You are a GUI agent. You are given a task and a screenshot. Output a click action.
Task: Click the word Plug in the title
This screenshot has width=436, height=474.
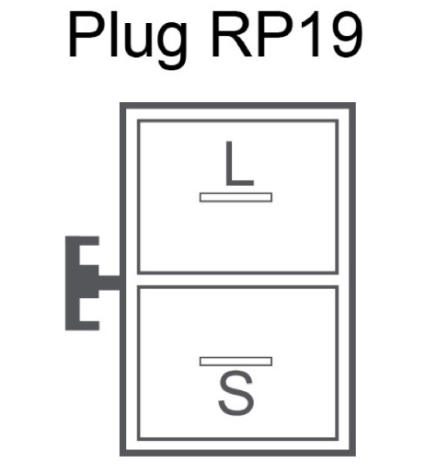128,40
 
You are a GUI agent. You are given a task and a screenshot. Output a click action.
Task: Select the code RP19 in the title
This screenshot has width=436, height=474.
287,35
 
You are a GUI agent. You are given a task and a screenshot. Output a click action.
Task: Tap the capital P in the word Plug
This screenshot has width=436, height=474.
86,35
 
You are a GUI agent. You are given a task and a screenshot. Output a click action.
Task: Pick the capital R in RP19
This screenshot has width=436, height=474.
232,35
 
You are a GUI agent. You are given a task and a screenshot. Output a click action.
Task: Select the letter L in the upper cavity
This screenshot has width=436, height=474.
239,164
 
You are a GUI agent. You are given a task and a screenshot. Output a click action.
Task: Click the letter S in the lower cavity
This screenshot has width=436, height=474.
236,393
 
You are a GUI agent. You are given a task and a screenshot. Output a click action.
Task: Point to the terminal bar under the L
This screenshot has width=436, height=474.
235,197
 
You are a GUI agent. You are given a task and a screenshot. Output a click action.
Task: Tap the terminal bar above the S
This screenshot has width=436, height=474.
235,362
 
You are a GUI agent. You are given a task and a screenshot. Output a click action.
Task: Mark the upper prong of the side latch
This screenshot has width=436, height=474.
89,241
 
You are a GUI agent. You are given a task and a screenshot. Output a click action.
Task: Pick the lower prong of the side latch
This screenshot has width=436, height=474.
89,326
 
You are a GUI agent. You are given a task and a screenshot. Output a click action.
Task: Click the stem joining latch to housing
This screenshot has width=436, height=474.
109,283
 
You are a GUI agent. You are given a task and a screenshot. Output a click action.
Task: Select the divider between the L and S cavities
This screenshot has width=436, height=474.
238,280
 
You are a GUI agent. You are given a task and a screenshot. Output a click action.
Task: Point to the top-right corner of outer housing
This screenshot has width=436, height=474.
355,103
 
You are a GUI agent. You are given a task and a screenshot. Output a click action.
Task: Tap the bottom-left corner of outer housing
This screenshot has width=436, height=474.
120,456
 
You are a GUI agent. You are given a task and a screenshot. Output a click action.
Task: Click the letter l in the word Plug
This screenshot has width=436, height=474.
114,35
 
